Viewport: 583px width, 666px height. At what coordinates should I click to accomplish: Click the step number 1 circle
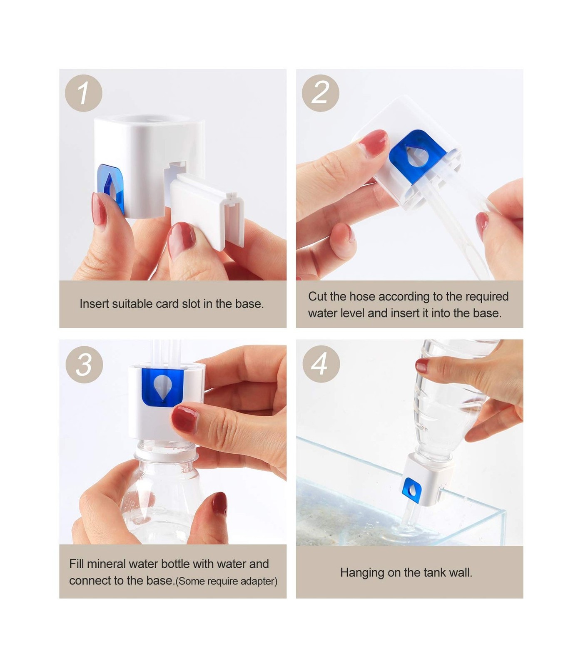(84, 93)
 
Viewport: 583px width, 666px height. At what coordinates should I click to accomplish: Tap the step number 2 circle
(320, 93)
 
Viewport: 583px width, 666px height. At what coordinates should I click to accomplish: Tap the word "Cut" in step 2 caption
(317, 296)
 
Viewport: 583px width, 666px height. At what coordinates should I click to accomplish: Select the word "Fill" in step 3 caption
(77, 564)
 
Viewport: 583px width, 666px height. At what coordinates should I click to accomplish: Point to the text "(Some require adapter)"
(227, 581)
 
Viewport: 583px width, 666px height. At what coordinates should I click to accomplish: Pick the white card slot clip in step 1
(207, 210)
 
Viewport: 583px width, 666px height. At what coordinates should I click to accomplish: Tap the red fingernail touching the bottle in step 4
(422, 365)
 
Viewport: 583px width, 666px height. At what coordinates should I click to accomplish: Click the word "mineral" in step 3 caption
(107, 564)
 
